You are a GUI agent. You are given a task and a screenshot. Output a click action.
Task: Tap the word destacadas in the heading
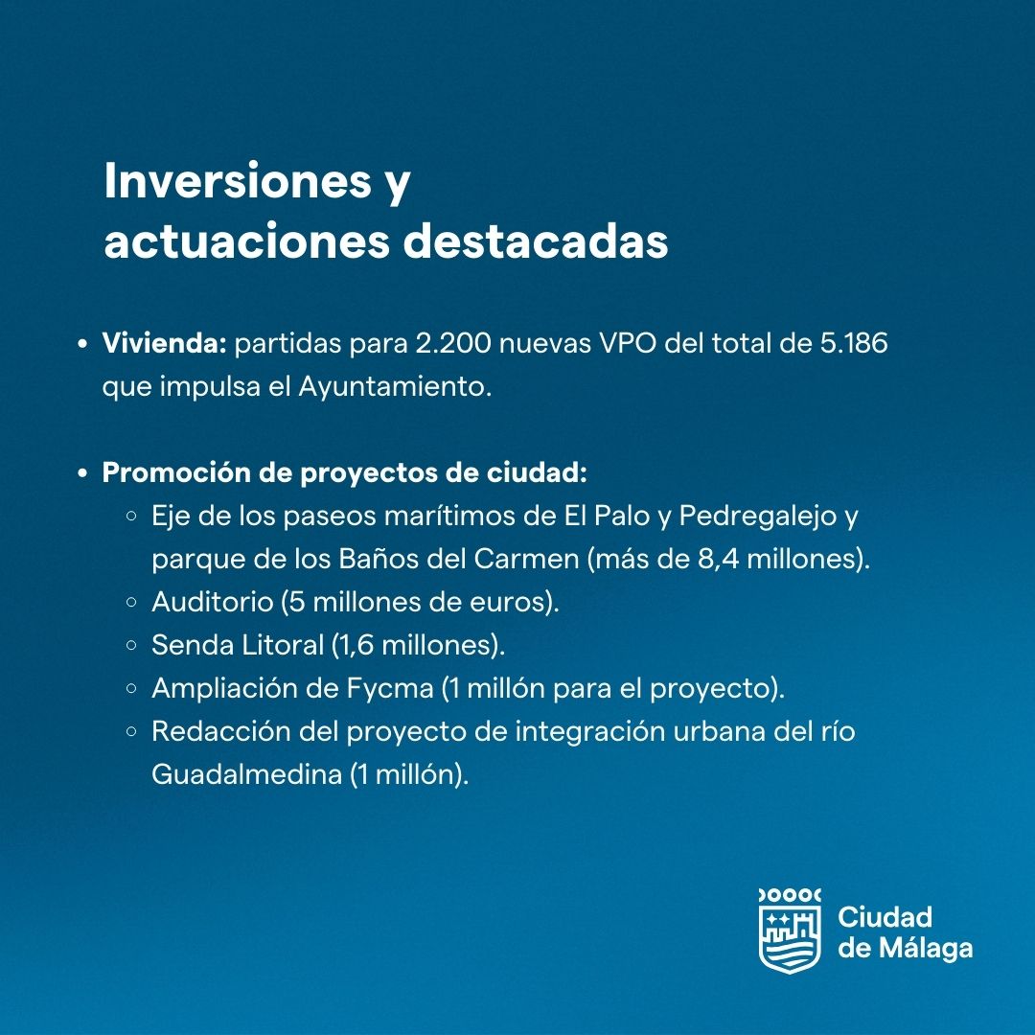pos(536,241)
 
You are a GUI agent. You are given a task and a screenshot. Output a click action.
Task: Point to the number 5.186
pos(854,343)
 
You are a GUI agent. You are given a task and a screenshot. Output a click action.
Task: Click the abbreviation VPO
pos(628,343)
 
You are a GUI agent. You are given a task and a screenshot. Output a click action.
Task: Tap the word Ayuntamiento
pos(395,387)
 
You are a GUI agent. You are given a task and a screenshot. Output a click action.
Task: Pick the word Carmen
pos(526,559)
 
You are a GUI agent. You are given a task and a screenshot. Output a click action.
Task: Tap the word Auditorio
pos(213,602)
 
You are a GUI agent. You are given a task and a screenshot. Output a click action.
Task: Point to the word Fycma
pos(390,688)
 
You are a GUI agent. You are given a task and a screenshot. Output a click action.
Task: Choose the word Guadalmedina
pos(246,774)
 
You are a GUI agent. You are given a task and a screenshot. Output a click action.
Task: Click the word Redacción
pos(221,731)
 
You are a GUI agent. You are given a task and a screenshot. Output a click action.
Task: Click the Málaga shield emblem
pos(790,931)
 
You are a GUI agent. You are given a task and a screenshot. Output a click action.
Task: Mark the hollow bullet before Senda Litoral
pos(131,645)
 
